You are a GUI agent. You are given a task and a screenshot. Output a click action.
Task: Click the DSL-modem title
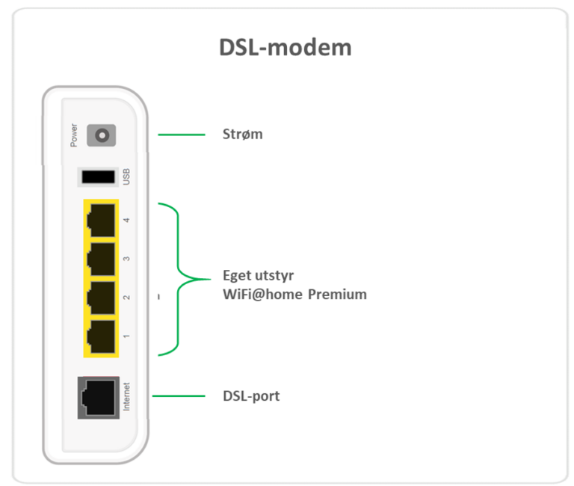pos(286,48)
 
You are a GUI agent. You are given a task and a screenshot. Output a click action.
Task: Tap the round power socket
pos(102,135)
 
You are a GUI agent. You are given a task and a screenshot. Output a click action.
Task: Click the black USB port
pos(98,177)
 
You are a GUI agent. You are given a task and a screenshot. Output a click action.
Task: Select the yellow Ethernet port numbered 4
pos(101,220)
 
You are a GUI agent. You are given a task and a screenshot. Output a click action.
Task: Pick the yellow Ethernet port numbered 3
pos(101,259)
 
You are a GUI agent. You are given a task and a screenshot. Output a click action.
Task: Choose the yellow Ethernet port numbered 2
pos(101,298)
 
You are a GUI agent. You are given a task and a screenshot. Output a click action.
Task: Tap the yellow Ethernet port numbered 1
pos(101,337)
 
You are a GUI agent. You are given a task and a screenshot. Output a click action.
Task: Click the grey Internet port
pos(99,398)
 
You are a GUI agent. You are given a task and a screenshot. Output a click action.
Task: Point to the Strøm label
pos(243,135)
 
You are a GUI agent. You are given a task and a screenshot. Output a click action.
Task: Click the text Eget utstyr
pos(259,276)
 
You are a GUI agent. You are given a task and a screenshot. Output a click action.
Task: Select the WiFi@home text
pos(263,295)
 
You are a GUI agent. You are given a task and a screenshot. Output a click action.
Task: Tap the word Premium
pos(337,295)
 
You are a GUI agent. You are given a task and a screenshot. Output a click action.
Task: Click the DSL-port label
pos(251,396)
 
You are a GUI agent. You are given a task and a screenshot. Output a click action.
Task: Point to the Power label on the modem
pos(74,135)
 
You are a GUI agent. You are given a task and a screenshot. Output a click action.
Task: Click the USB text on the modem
pos(126,177)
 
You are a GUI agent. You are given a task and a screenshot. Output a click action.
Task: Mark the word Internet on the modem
pos(126,396)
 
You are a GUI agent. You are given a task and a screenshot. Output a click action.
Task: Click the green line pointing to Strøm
pos(182,135)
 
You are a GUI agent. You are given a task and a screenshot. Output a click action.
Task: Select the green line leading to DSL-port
pos(179,396)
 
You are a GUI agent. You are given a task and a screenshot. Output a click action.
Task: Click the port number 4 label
pos(126,220)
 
